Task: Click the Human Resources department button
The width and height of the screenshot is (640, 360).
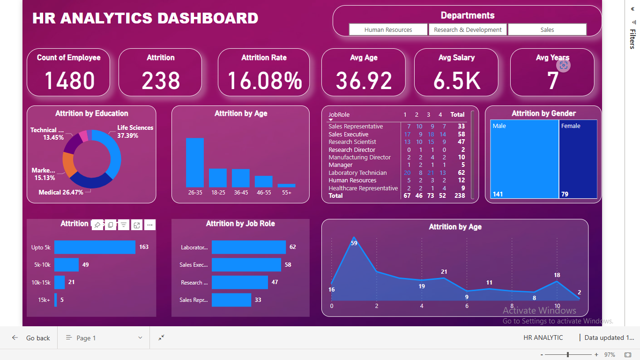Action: click(x=388, y=30)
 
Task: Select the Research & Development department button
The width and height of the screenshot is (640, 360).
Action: click(x=468, y=30)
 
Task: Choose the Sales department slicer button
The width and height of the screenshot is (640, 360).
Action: click(x=547, y=30)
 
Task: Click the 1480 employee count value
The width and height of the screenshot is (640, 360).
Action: click(x=69, y=80)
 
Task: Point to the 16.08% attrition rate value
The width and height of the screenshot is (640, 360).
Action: click(x=264, y=80)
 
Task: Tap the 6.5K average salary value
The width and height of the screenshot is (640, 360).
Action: click(x=456, y=80)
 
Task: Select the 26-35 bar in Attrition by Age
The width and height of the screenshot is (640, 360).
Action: click(x=195, y=163)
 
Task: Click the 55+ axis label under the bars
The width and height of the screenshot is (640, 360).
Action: click(x=286, y=193)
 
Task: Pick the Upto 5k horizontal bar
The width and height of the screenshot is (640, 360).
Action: click(x=95, y=247)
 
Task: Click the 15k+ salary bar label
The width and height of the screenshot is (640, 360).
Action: click(x=44, y=300)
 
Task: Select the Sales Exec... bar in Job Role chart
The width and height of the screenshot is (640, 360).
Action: click(x=246, y=265)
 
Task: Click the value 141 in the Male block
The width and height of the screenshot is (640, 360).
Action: click(x=498, y=194)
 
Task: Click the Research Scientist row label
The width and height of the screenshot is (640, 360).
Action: click(x=352, y=142)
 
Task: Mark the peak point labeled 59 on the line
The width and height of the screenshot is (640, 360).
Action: click(x=354, y=238)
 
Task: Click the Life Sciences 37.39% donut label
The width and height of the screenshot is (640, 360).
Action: click(x=135, y=132)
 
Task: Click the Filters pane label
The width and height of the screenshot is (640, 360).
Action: click(x=633, y=39)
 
